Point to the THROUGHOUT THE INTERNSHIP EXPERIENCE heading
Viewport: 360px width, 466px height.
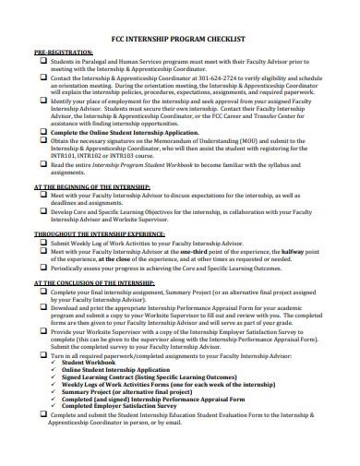pyautogui.click(x=103, y=234)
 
